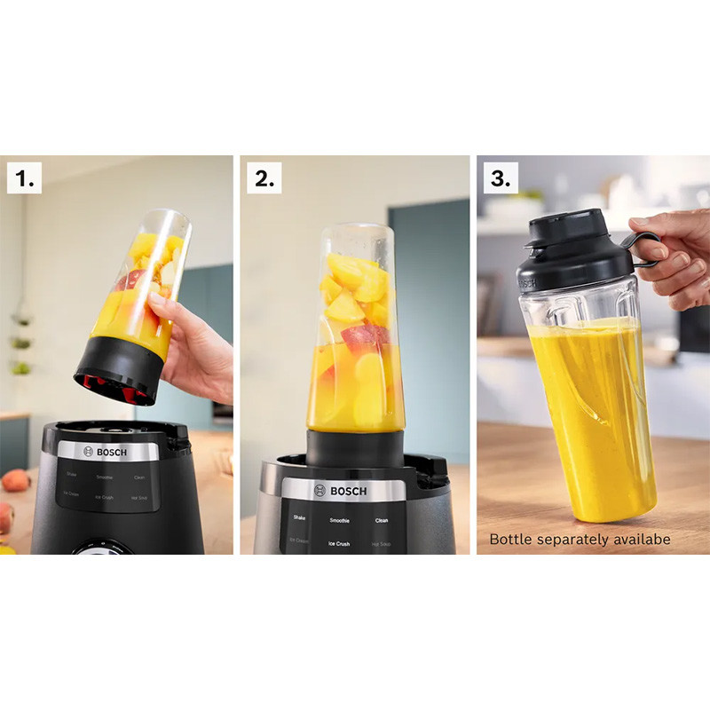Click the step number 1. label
[x=24, y=177]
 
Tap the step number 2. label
[x=264, y=177]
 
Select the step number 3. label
[x=501, y=177]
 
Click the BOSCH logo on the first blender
[x=106, y=452]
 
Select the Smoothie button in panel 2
[x=339, y=520]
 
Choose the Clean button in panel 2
[x=382, y=520]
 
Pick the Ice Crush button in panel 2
[x=339, y=543]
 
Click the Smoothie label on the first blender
[x=105, y=477]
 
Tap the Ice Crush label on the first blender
[x=105, y=497]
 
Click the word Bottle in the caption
[x=509, y=539]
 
